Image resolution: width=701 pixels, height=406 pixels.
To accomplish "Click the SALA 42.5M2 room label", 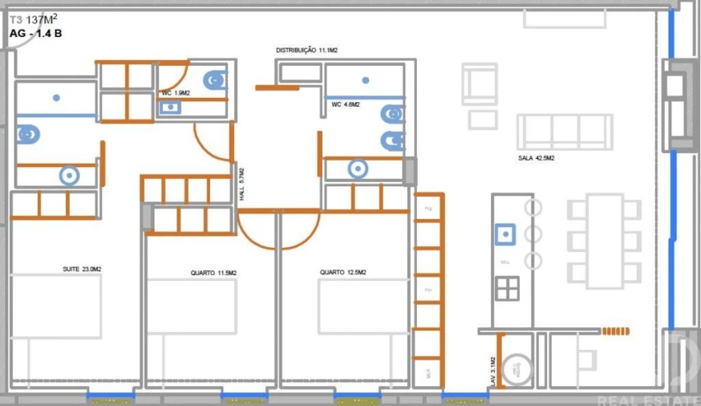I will pyautogui.click(x=537, y=159).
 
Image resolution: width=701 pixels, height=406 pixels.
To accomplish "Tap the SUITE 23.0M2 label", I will pyautogui.click(x=82, y=269).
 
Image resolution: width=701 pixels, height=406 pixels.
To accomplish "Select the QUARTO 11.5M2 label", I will pyautogui.click(x=213, y=274).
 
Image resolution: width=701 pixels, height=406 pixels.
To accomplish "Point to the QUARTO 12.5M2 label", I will pyautogui.click(x=343, y=273).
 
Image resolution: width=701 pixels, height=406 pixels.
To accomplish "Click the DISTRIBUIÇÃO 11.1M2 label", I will pyautogui.click(x=306, y=51).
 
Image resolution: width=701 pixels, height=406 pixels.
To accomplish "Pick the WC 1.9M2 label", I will pyautogui.click(x=176, y=93).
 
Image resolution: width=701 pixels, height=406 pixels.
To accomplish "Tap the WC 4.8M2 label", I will pyautogui.click(x=346, y=104).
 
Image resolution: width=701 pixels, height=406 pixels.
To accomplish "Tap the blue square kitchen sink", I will pyautogui.click(x=505, y=234).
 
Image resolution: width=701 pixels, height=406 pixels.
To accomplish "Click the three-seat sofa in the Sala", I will pyautogui.click(x=565, y=132).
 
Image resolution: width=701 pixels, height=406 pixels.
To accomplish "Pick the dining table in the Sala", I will pyautogui.click(x=604, y=241).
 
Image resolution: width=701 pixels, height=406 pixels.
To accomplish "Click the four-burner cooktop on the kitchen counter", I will pyautogui.click(x=507, y=287).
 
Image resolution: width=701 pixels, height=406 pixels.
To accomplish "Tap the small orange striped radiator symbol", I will pyautogui.click(x=616, y=331).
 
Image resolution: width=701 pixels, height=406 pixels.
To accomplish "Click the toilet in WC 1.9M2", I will pyautogui.click(x=214, y=79).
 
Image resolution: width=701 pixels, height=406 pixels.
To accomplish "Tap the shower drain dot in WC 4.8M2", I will pyautogui.click(x=365, y=80).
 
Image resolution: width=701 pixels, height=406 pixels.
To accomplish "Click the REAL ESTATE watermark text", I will pyautogui.click(x=658, y=397).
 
